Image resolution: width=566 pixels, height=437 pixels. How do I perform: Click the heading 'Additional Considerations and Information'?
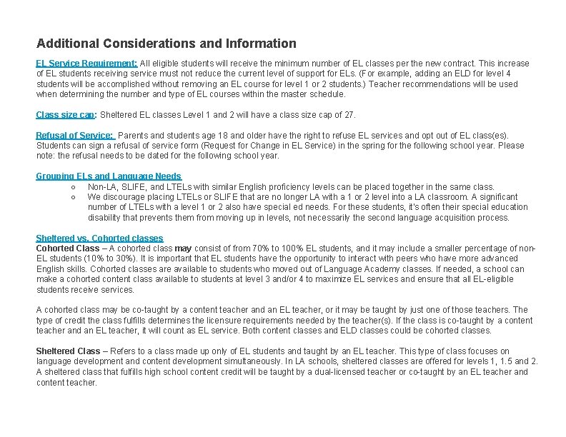point(166,44)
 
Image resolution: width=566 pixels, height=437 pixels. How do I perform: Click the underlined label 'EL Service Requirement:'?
point(86,64)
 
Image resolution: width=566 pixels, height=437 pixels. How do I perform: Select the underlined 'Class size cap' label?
point(66,115)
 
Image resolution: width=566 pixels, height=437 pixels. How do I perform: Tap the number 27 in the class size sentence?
point(349,115)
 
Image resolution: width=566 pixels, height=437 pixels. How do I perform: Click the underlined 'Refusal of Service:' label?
point(75,136)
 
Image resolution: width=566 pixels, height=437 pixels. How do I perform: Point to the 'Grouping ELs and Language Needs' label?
point(109,176)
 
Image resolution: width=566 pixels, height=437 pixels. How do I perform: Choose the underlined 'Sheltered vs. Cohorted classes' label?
point(99,238)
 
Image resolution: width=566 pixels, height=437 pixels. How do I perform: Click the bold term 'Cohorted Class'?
point(68,248)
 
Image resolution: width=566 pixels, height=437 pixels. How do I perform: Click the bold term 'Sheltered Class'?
point(68,351)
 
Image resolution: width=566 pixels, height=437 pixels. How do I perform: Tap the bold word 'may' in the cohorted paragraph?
point(184,248)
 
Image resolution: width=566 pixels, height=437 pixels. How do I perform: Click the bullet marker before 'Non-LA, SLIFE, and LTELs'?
point(74,187)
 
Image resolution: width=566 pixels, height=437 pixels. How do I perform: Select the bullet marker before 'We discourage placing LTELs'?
point(74,197)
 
